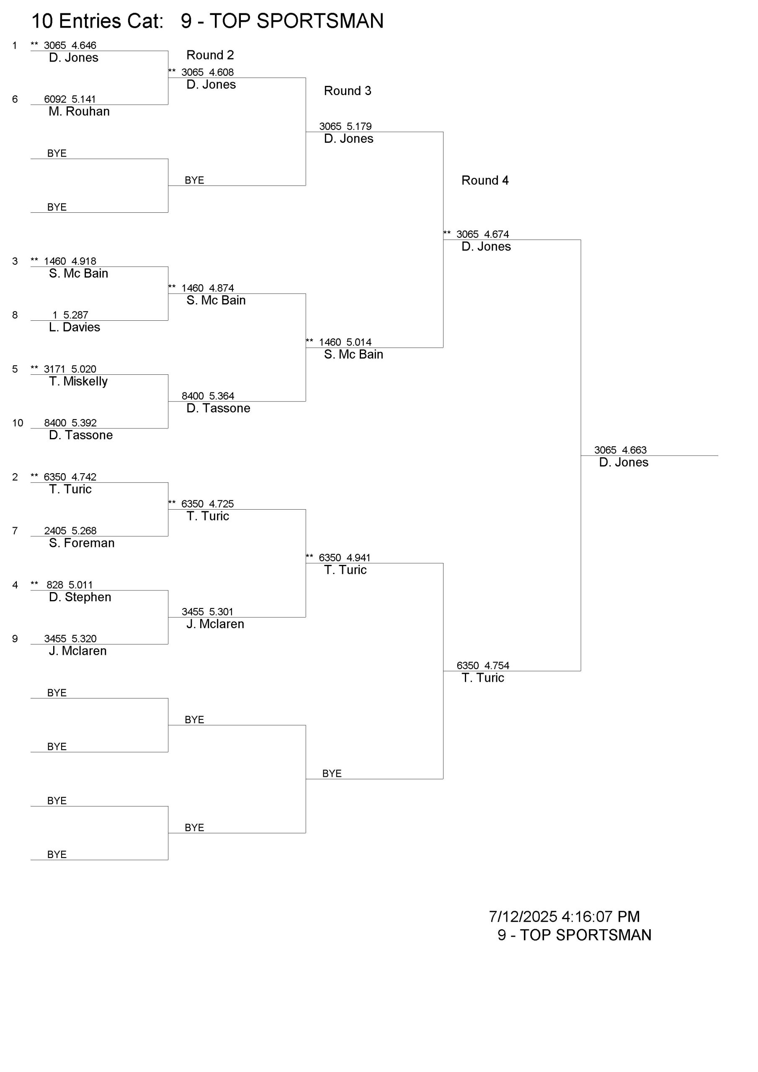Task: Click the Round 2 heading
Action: [210, 55]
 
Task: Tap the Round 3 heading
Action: [348, 90]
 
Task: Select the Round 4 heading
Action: [485, 180]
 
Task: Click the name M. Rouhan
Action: [79, 111]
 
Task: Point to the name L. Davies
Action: [74, 327]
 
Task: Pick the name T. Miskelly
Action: [78, 381]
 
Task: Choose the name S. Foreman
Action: [82, 543]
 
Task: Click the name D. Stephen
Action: [80, 597]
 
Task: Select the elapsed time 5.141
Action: [84, 99]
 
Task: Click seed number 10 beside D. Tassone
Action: [18, 423]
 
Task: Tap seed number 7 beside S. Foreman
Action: [15, 531]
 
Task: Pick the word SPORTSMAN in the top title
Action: [320, 21]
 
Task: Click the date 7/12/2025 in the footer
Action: [523, 917]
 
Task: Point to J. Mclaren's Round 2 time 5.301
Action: [222, 612]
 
